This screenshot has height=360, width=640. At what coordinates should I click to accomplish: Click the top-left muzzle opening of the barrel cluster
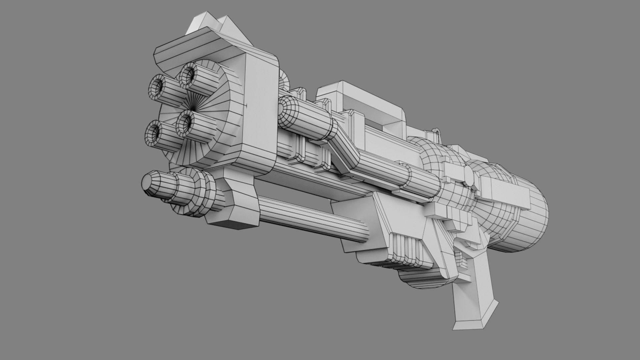[x=157, y=86]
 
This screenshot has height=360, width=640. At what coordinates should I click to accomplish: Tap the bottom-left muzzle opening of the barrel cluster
[x=154, y=132]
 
